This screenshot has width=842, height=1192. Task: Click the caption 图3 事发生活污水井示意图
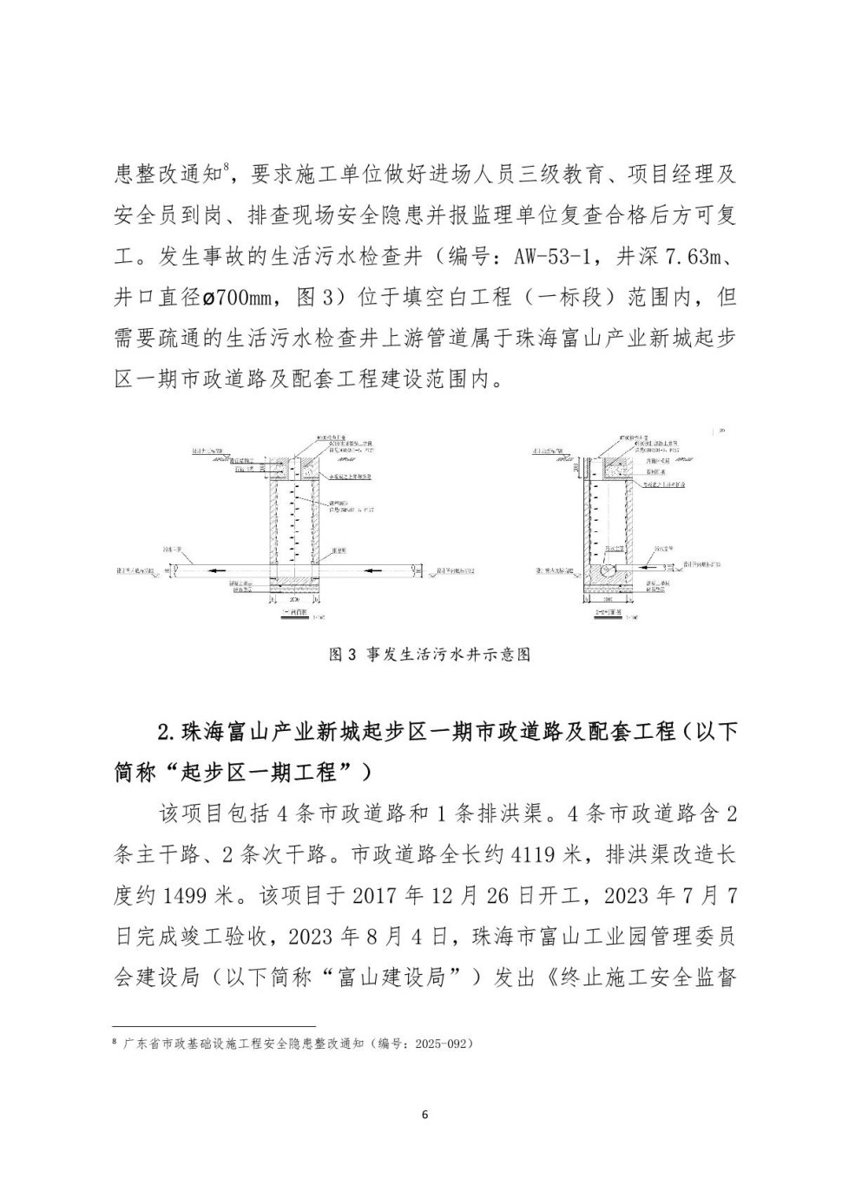tap(429, 655)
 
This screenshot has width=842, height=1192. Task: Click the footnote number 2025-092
tap(442, 1043)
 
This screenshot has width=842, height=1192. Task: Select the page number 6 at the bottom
tap(424, 1115)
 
